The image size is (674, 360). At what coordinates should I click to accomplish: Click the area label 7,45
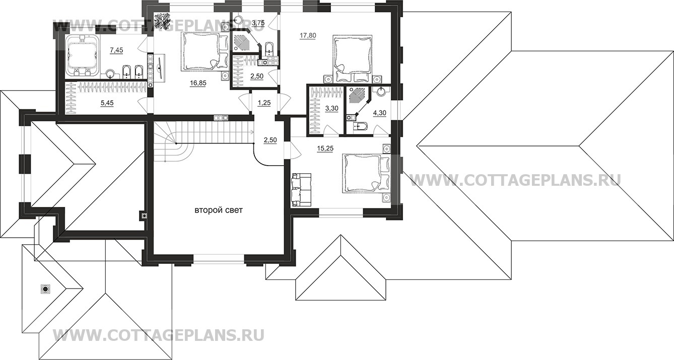116,50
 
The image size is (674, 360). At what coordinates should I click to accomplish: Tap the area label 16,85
198,83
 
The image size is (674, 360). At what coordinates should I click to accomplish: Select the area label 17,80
308,35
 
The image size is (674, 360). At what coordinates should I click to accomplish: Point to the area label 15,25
325,148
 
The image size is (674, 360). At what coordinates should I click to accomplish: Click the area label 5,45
107,103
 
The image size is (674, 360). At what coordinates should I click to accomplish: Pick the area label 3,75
258,23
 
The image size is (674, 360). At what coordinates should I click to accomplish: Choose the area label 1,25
264,103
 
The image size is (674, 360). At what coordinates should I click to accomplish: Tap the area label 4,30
379,113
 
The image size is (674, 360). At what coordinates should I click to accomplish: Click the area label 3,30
332,108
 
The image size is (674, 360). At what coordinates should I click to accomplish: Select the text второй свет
219,210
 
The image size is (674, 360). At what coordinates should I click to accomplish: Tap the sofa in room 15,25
301,190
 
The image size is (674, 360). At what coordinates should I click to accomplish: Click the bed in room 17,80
353,58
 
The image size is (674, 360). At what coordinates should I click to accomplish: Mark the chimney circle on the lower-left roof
45,289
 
